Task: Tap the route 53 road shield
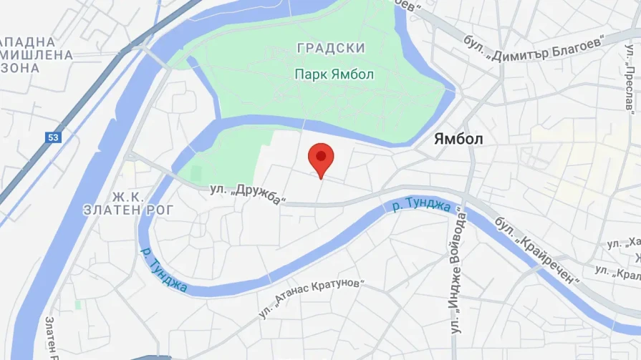coord(54,137)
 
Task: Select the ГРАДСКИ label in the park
coord(330,49)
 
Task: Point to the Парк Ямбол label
coord(334,74)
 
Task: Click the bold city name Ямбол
coord(459,140)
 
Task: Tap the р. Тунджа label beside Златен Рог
coord(164,270)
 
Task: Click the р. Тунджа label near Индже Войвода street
coord(422,206)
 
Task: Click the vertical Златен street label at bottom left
coord(51,336)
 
